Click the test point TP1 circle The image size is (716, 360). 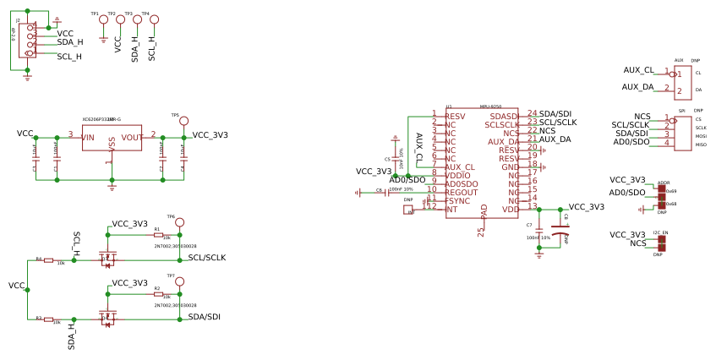(103, 19)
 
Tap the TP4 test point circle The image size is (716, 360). (154, 19)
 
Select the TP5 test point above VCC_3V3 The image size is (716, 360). (183, 121)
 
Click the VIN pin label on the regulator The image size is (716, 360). (88, 137)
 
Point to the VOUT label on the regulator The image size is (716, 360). (132, 137)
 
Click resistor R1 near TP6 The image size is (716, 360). (158, 235)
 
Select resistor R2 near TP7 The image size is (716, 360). (158, 294)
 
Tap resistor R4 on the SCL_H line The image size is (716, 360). (48, 260)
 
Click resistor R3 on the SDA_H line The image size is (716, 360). (48, 319)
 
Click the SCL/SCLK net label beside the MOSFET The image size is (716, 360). (206, 258)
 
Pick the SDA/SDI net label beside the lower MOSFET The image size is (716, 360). (204, 317)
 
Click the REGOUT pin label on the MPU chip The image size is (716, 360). (462, 193)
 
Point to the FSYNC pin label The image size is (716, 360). (458, 201)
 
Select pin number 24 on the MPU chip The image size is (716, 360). (532, 113)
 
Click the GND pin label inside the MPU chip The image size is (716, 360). (511, 167)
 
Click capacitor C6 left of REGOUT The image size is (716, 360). (387, 193)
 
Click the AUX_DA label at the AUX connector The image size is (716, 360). (638, 87)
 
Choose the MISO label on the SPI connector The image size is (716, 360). (701, 145)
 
